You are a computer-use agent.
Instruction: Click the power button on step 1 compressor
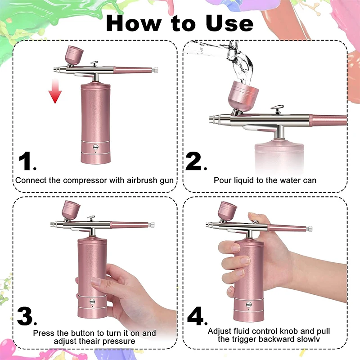[96, 146]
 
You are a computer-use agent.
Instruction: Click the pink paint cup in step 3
[71, 209]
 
